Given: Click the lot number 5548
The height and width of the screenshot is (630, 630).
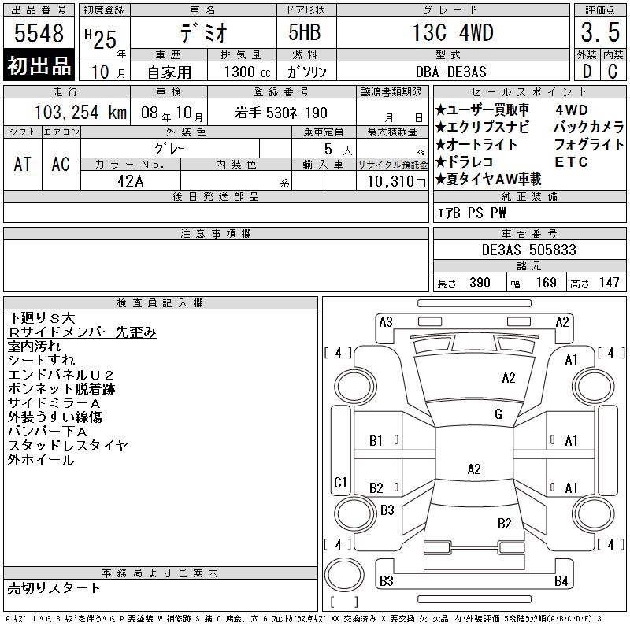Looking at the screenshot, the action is click(x=39, y=33).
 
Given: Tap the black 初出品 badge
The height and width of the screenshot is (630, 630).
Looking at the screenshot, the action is click(x=39, y=65).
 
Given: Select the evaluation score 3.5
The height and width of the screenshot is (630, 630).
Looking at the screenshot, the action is click(x=600, y=32).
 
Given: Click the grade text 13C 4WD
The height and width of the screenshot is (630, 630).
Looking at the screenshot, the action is click(x=453, y=32).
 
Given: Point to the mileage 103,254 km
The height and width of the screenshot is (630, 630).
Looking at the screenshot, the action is click(x=80, y=112).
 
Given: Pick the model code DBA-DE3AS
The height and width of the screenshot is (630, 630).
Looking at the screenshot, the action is click(x=450, y=72).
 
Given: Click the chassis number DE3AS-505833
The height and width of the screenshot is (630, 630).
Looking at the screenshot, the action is click(x=528, y=250).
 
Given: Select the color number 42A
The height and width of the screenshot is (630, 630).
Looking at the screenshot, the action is click(x=130, y=181).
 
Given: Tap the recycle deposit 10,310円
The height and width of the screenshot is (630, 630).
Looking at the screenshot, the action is click(x=397, y=182).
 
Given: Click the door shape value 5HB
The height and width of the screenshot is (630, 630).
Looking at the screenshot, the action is click(x=305, y=32).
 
